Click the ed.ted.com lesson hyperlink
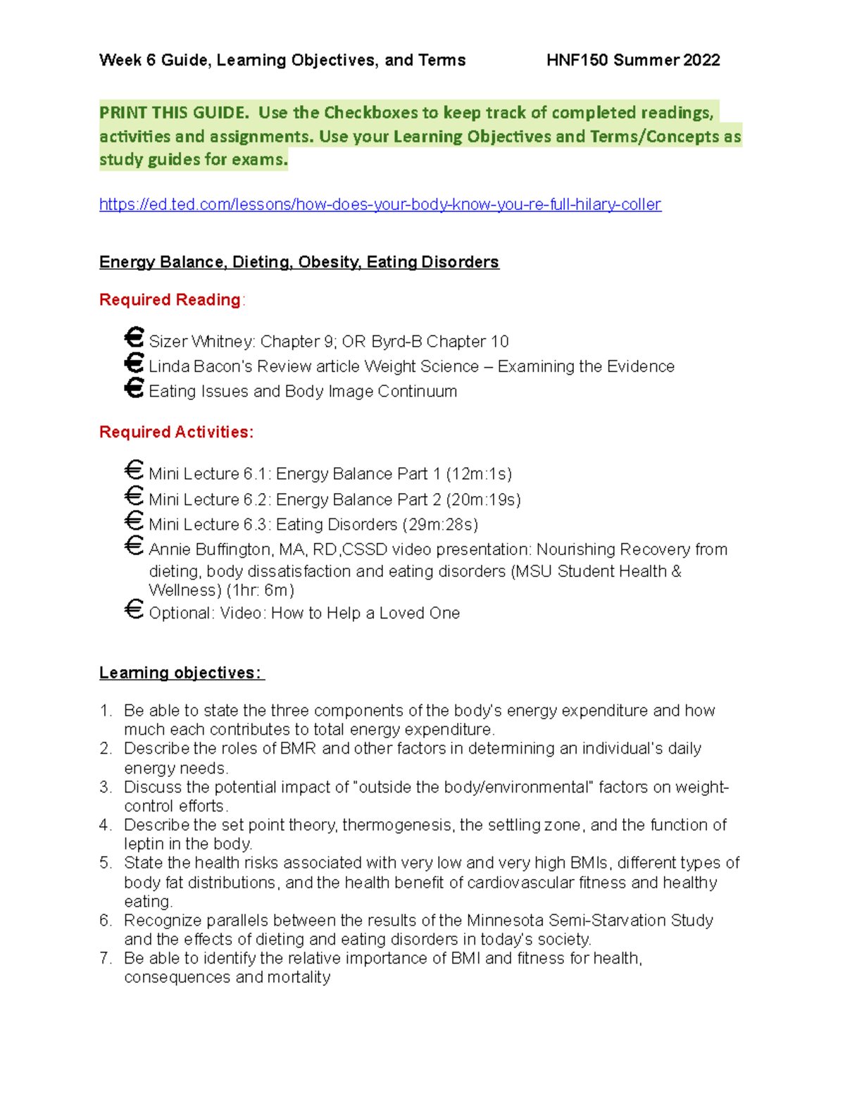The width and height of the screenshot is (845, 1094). (x=380, y=204)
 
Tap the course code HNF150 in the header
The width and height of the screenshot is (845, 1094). (x=577, y=60)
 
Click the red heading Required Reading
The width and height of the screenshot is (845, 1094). (x=170, y=299)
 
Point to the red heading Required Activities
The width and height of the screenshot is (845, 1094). (x=176, y=432)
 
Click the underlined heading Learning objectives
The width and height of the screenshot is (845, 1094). (x=180, y=673)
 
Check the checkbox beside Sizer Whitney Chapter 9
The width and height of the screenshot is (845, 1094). (x=134, y=337)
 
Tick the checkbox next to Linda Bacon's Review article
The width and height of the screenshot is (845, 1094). (x=134, y=363)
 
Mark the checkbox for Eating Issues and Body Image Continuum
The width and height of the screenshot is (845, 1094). (x=134, y=387)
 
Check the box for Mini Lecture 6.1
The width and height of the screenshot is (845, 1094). (x=134, y=470)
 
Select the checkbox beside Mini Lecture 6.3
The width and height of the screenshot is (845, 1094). (x=134, y=521)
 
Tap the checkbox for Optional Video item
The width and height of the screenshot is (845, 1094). (x=134, y=609)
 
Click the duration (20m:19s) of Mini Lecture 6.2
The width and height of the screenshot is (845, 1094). (x=484, y=499)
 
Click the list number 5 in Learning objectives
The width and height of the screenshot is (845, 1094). (x=105, y=863)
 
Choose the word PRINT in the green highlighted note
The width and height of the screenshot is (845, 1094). (x=122, y=113)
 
